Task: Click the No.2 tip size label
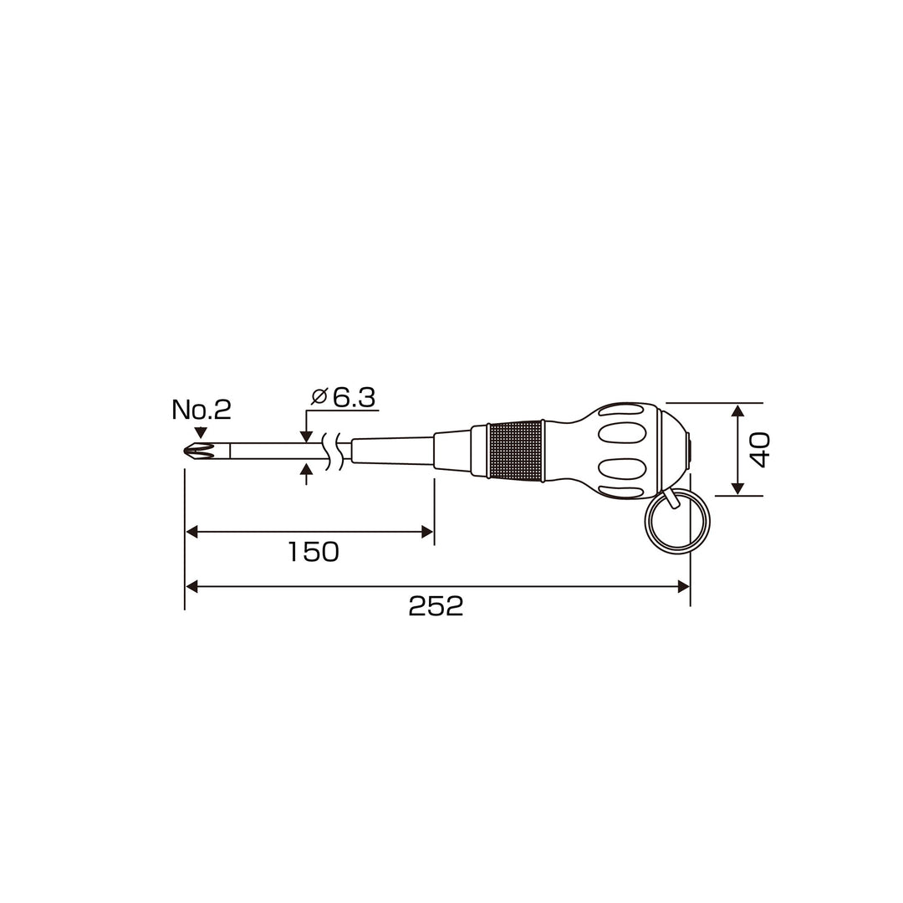pos(202,410)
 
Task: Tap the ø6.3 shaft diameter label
pos(344,397)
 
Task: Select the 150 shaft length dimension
pos(314,552)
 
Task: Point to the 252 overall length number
pos(436,606)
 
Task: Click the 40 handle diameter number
pos(759,450)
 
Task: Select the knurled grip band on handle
pos(515,451)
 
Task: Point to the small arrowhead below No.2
pos(201,433)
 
